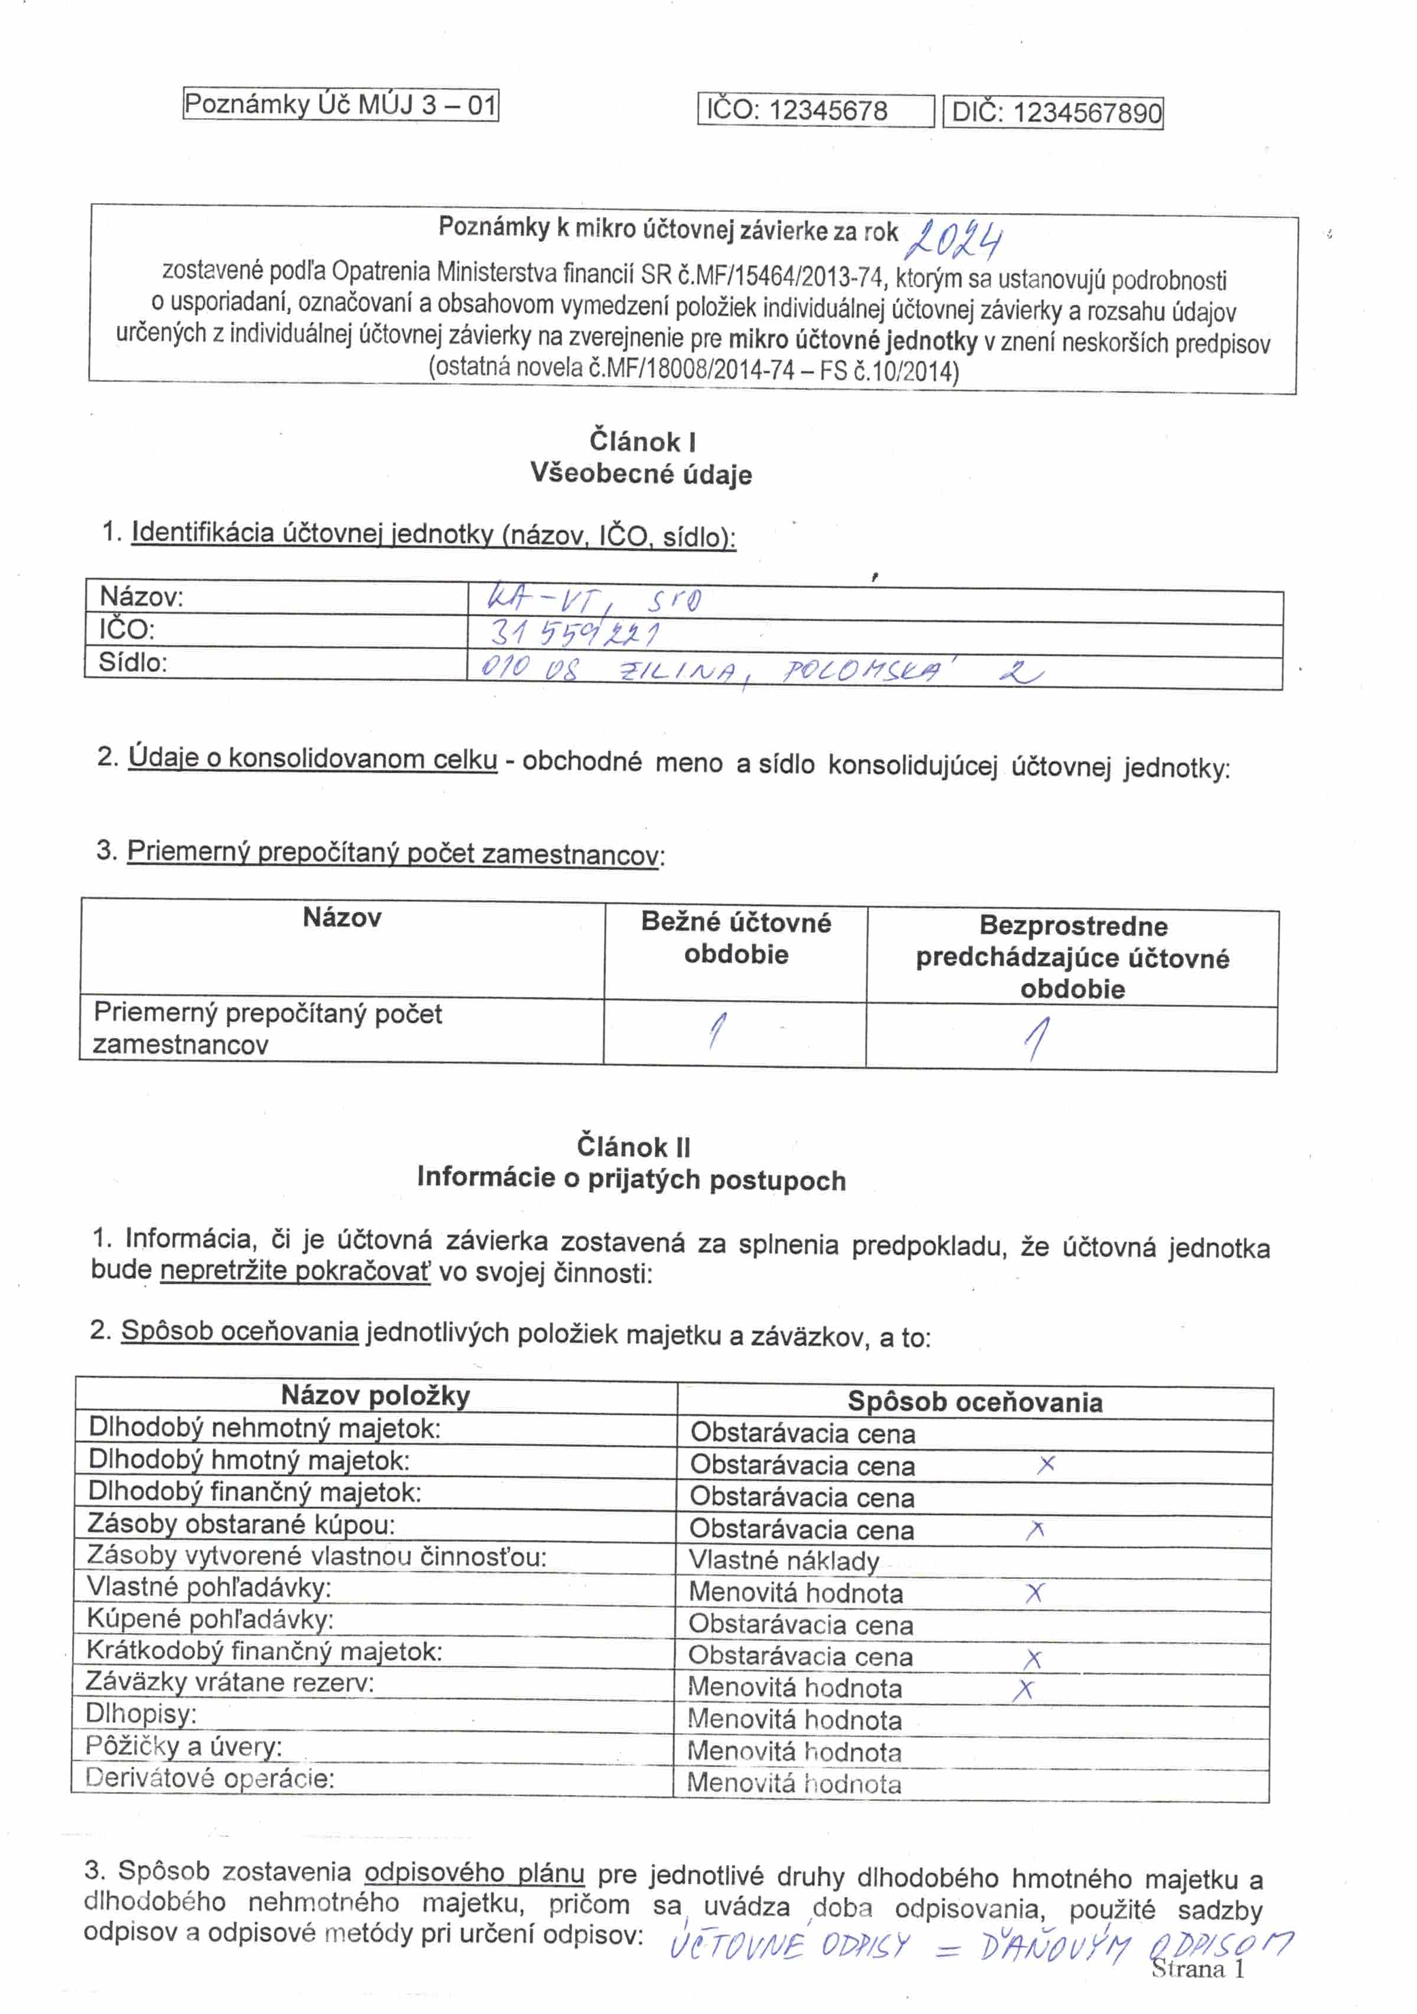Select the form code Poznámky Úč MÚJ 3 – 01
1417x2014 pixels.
(x=341, y=105)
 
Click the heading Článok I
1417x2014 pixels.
(x=642, y=441)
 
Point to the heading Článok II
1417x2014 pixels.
(x=634, y=1146)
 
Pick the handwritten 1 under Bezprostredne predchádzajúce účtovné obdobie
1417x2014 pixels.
(x=1036, y=1038)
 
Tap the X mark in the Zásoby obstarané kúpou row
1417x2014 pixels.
(x=1036, y=1530)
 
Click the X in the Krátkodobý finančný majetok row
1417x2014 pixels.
(x=1033, y=1659)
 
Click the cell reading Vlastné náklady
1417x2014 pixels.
(x=783, y=1561)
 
